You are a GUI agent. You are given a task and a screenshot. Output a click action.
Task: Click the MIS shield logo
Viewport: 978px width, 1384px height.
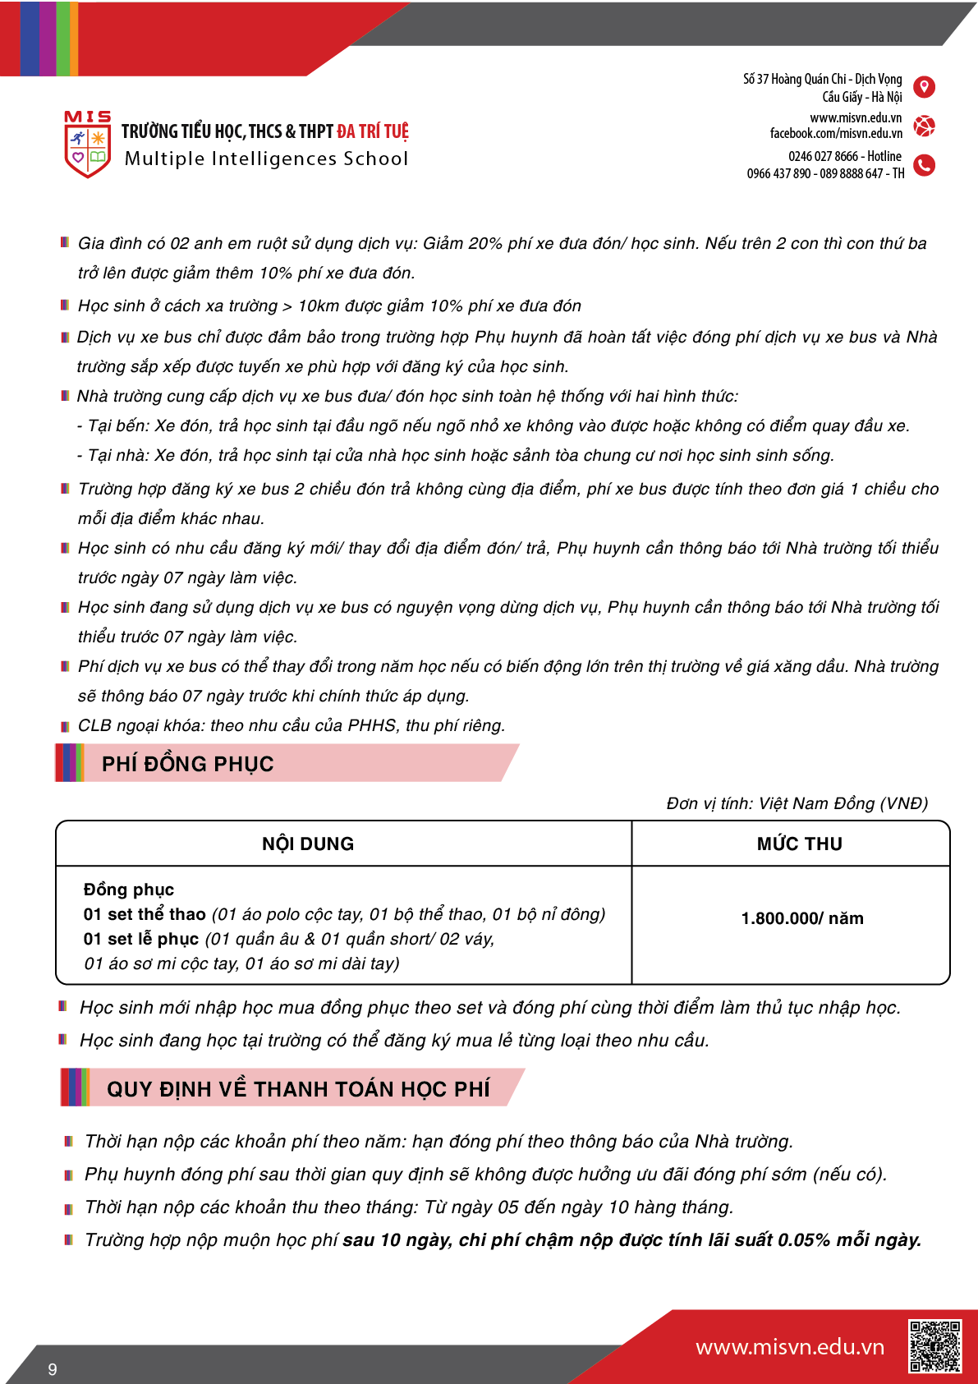87,145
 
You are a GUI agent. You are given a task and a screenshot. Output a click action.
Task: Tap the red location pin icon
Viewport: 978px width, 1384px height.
924,87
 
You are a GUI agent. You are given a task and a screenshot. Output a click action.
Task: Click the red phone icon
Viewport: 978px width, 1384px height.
924,165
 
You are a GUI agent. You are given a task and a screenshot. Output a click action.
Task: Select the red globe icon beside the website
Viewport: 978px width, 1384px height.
924,126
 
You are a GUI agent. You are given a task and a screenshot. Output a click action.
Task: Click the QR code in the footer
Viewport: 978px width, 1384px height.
934,1345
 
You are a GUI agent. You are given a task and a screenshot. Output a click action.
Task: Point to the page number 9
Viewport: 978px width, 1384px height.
53,1369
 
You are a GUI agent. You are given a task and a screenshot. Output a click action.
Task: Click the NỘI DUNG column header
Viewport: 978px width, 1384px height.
308,844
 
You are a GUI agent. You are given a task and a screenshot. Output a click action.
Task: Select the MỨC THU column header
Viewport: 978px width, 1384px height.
799,844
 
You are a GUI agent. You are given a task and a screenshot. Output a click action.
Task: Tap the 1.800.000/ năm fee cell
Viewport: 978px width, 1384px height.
801,918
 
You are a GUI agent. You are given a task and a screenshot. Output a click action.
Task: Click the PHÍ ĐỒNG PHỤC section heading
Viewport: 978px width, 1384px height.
187,764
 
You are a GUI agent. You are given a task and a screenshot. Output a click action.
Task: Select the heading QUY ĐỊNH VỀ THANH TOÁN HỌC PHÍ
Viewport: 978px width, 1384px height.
298,1089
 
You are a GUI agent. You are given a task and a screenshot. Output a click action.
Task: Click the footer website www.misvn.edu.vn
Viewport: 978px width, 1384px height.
789,1347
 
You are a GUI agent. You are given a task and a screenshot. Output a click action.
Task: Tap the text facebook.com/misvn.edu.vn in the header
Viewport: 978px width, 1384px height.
836,133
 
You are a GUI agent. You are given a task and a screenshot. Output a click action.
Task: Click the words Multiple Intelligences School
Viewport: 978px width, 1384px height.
266,159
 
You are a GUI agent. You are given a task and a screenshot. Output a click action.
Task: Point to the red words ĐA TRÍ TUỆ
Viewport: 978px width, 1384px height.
372,131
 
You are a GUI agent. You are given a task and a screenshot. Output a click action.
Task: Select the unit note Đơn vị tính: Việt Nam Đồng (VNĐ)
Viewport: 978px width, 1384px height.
797,803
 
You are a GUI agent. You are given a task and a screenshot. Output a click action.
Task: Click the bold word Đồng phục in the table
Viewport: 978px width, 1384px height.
129,890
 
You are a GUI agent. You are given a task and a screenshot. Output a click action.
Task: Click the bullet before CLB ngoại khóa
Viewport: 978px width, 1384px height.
65,726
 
